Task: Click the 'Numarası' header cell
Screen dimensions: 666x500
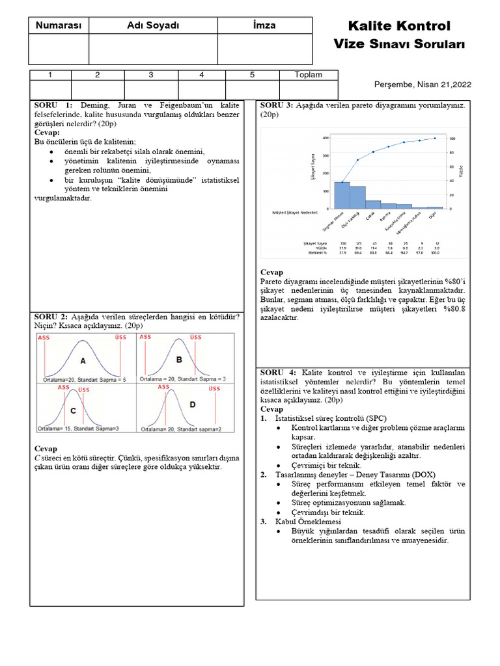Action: pyautogui.click(x=59, y=25)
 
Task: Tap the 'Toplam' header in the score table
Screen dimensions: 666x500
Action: pyautogui.click(x=308, y=75)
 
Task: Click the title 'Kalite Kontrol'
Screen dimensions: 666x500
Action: pyautogui.click(x=399, y=26)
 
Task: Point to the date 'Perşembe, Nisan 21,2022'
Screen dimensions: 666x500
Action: pyautogui.click(x=423, y=85)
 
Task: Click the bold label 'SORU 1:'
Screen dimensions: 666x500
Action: pyautogui.click(x=55, y=105)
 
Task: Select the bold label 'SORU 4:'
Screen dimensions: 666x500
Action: pyautogui.click(x=279, y=371)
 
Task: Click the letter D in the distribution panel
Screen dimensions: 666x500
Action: pyautogui.click(x=192, y=404)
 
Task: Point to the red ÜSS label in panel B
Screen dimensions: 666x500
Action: pyautogui.click(x=195, y=338)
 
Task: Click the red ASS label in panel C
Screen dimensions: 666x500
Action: pyautogui.click(x=63, y=388)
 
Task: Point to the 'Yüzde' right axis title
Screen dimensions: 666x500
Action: pyautogui.click(x=462, y=172)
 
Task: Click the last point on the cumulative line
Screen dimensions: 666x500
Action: pyautogui.click(x=435, y=139)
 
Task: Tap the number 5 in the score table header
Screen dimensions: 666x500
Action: pyautogui.click(x=252, y=75)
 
